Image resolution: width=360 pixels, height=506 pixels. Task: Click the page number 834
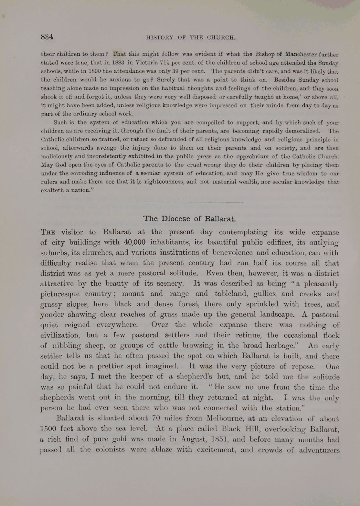click(x=47, y=37)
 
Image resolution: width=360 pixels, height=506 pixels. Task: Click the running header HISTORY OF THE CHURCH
click(x=191, y=37)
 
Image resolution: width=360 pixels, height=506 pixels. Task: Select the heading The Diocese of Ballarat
click(x=189, y=219)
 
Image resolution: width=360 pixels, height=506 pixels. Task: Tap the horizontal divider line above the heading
click(x=189, y=202)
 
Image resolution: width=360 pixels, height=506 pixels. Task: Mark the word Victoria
click(x=146, y=63)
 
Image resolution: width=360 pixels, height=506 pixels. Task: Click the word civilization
click(x=59, y=335)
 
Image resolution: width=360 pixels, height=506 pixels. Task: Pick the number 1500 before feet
click(x=48, y=429)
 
